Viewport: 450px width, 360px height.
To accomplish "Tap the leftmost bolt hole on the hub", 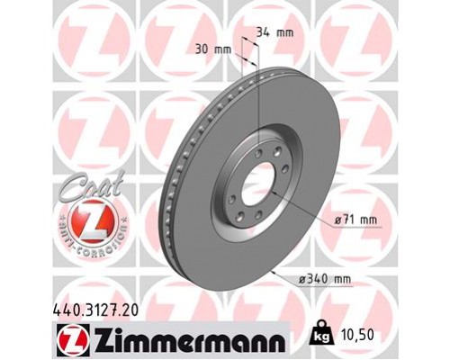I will [233, 188].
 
